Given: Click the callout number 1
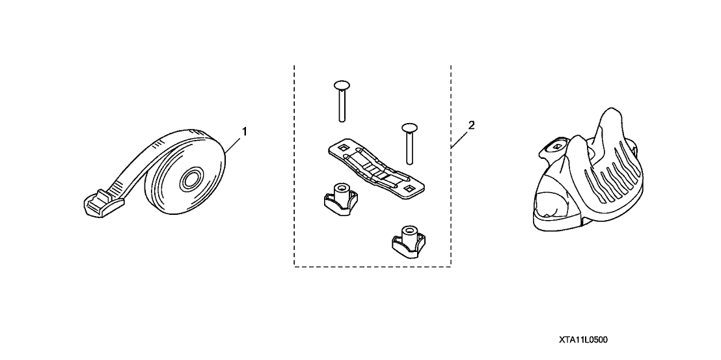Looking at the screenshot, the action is coord(245,132).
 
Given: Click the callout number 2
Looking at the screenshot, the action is coord(471,124).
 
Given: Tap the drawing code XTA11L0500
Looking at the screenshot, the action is coord(584,340).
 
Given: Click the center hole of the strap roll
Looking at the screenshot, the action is coord(189,180).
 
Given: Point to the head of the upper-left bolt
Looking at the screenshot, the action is coord(342,85).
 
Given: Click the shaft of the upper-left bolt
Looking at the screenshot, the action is coord(342,105).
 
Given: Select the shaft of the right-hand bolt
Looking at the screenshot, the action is coord(409,148).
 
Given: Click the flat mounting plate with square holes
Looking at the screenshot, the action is coord(376,169).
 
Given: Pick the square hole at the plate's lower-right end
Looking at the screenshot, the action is coord(408,189).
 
